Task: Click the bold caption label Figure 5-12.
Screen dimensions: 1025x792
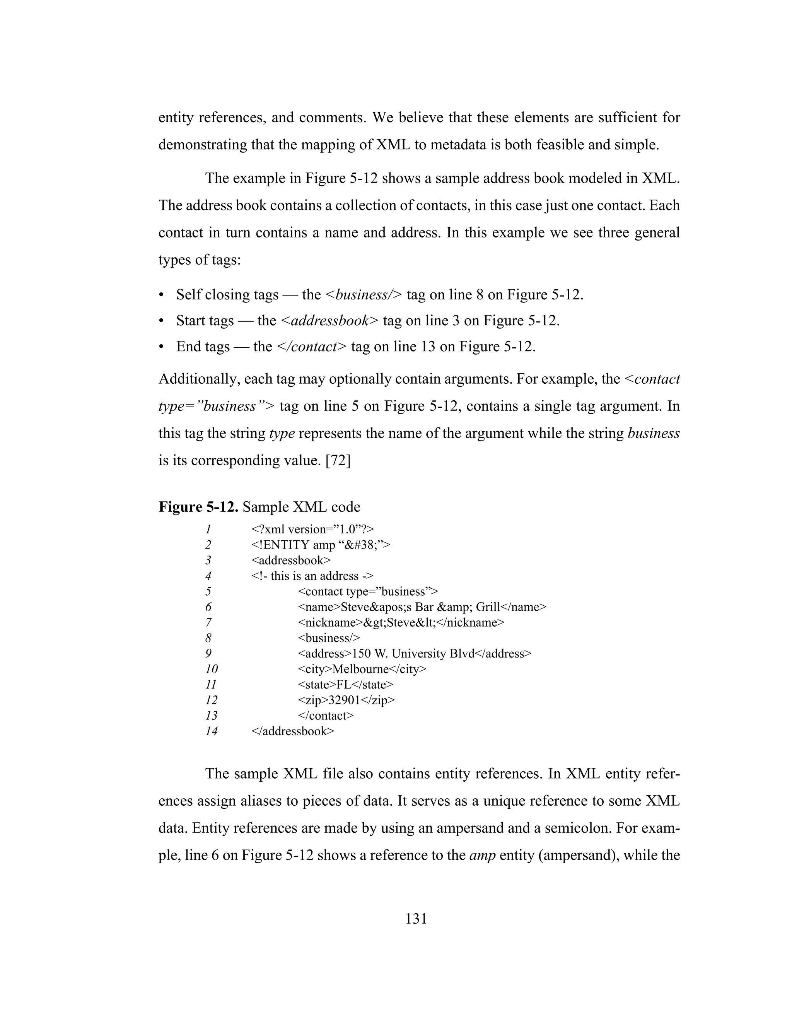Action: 198,507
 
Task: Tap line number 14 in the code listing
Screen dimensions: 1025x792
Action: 211,731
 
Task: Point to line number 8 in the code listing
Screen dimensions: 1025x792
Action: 208,638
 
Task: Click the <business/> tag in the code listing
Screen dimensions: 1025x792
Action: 329,638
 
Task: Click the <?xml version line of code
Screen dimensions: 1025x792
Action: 312,530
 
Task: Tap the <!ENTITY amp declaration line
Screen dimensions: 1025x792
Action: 321,545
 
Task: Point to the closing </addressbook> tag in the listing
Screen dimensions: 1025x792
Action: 293,731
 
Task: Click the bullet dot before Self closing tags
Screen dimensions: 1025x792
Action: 161,295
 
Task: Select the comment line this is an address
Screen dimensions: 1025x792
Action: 312,576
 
